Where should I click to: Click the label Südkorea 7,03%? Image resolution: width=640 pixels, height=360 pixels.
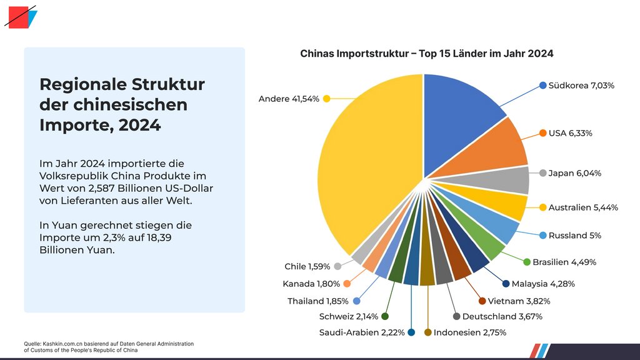click(x=581, y=85)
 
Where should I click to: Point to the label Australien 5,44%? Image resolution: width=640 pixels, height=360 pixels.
click(x=583, y=207)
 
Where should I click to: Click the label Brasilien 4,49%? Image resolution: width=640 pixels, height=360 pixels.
click(x=564, y=262)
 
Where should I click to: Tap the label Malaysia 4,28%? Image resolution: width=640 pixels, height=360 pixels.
click(x=543, y=284)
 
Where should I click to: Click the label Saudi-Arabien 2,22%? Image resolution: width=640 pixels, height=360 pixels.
click(x=362, y=332)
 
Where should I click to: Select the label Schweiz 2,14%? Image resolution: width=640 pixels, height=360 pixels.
click(x=348, y=316)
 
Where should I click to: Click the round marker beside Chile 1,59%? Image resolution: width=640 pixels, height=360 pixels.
click(x=337, y=266)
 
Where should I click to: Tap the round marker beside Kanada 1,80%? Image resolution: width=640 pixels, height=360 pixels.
click(x=346, y=284)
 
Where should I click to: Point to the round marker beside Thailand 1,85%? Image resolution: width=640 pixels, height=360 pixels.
click(x=356, y=301)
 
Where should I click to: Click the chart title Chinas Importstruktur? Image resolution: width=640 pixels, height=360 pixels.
click(x=426, y=54)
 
